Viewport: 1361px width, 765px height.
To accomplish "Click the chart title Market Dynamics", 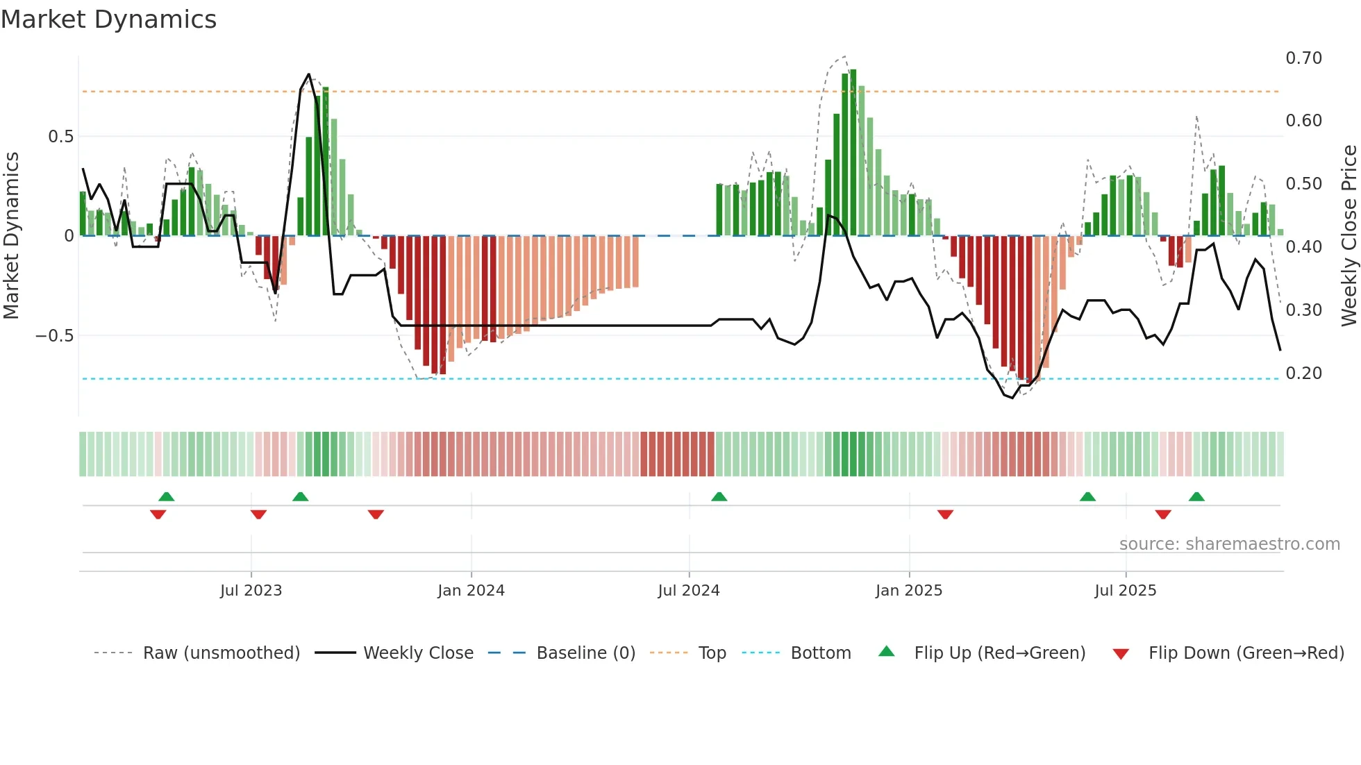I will click(x=108, y=19).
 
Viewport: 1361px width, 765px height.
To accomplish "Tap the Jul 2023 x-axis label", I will click(x=251, y=591).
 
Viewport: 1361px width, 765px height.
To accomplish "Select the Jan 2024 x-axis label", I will click(x=471, y=591).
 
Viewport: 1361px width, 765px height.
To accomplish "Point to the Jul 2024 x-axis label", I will click(x=688, y=591).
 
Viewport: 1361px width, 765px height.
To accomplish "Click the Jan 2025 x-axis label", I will click(x=908, y=591).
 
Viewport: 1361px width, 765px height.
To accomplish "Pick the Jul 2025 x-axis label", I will click(x=1125, y=591).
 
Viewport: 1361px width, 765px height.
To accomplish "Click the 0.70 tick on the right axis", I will click(x=1303, y=58).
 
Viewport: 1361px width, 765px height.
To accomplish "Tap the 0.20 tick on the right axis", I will click(x=1303, y=373).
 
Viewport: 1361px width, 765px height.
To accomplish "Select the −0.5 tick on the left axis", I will click(x=54, y=336).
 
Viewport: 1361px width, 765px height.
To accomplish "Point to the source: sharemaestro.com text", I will click(x=1229, y=544).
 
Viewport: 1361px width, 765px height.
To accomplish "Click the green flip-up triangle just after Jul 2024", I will click(x=719, y=497).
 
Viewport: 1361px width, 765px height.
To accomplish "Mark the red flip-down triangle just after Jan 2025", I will click(x=945, y=514).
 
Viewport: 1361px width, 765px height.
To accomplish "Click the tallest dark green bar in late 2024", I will click(x=853, y=153).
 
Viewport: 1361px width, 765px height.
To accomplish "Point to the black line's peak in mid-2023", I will click(x=308, y=74).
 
